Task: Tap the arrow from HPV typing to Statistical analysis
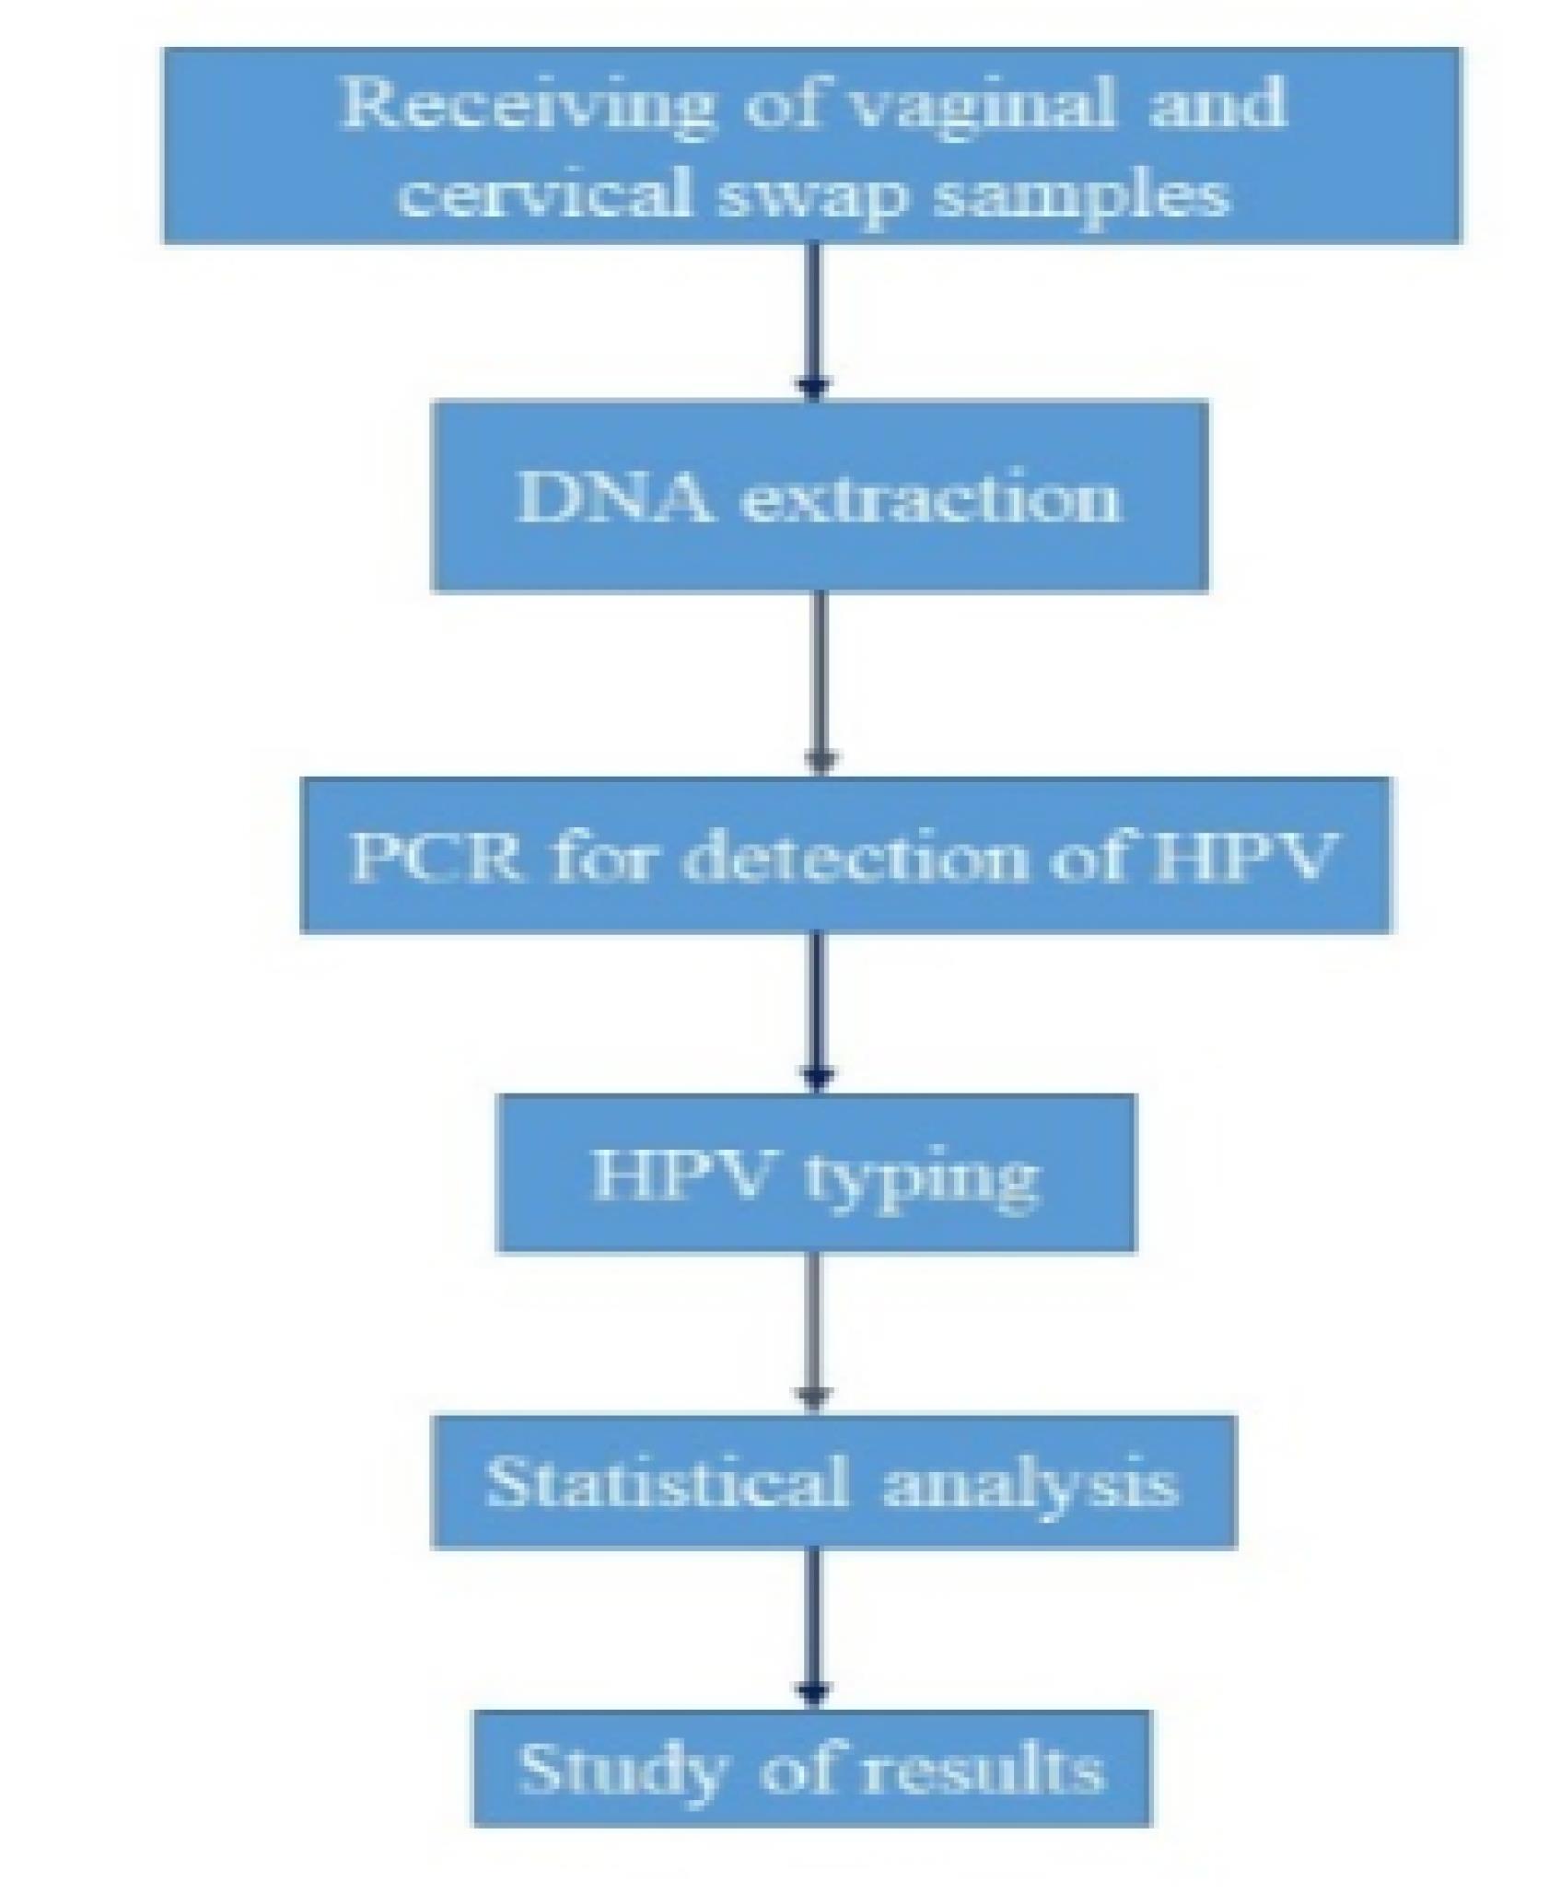(813, 1332)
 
